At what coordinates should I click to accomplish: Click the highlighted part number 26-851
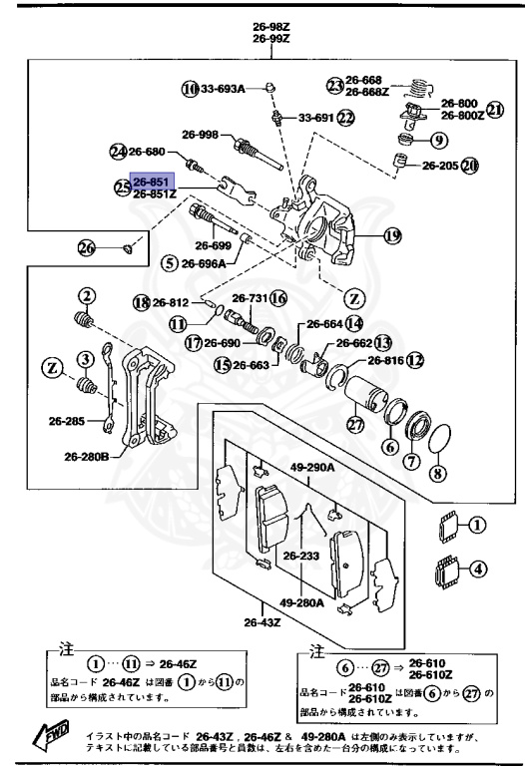click(154, 183)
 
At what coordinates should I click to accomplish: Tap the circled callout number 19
click(391, 236)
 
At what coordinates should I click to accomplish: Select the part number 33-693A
click(225, 90)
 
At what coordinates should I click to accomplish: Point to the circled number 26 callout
click(87, 247)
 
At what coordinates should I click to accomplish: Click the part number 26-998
click(200, 134)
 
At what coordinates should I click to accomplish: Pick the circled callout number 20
click(470, 166)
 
